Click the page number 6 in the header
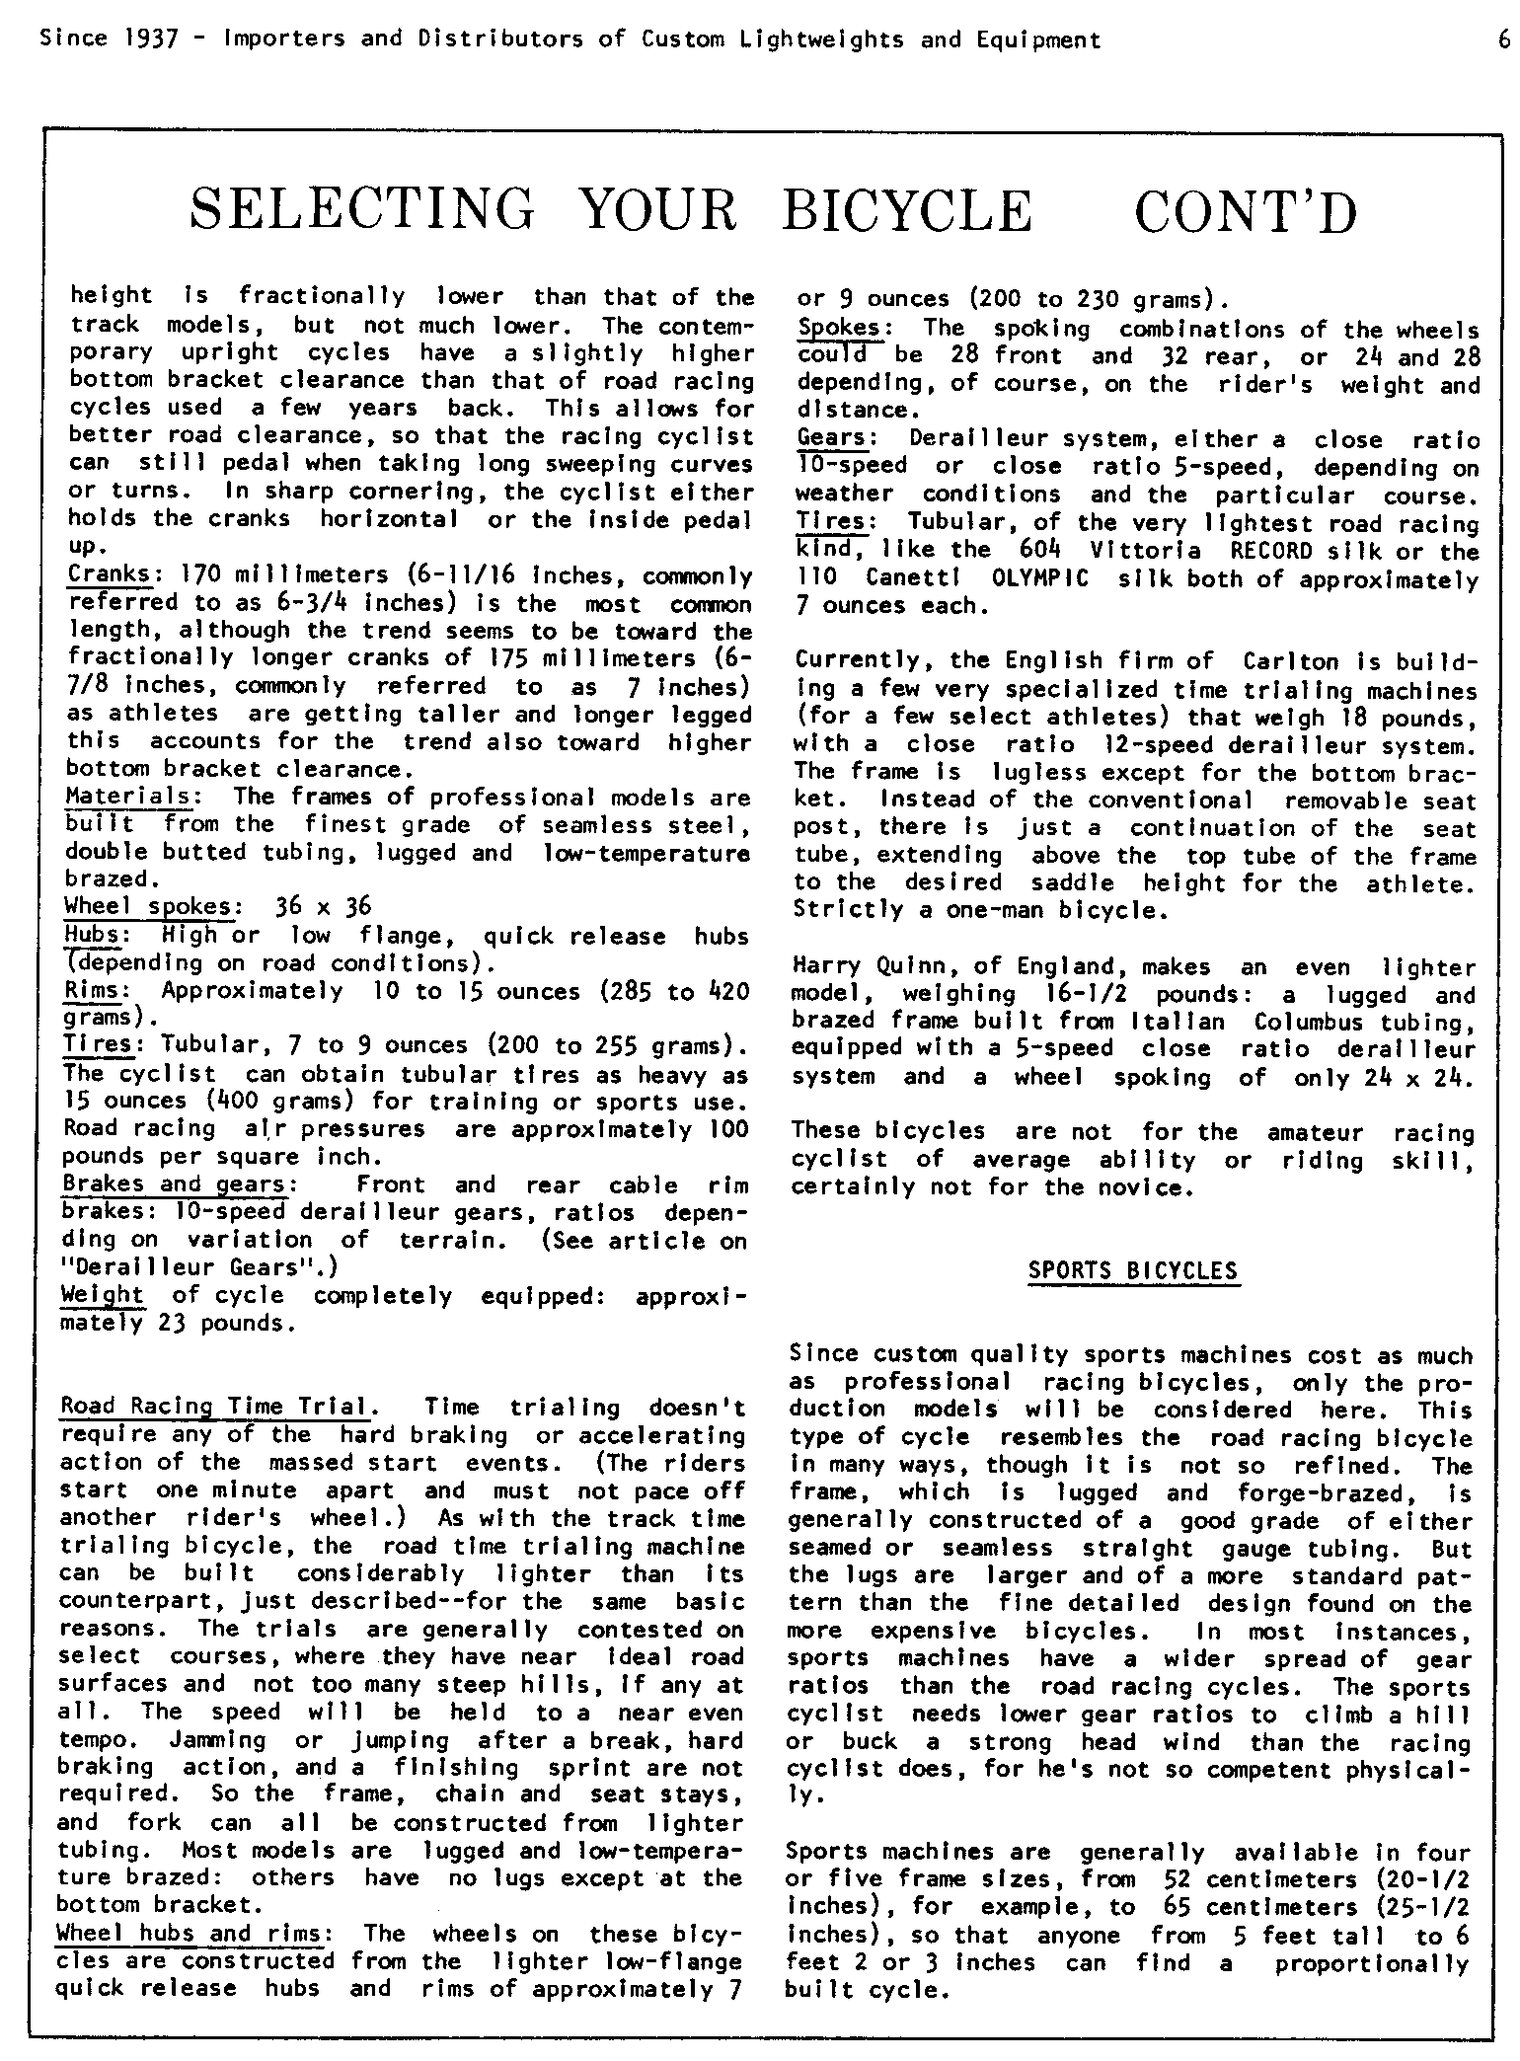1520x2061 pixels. coord(1504,39)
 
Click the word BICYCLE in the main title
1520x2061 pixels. coord(907,210)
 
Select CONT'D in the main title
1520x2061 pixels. coord(1246,210)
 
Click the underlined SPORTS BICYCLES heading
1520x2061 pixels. coord(1133,1270)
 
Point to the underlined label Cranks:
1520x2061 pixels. coord(109,574)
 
